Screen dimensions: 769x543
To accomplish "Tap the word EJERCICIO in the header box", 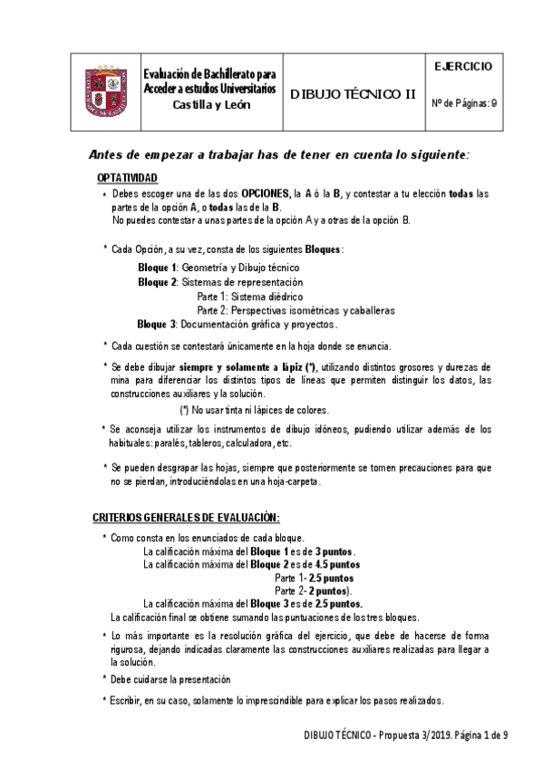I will (x=463, y=66).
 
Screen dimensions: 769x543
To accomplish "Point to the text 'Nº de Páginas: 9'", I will (x=464, y=103).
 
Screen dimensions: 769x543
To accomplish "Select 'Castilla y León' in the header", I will (x=212, y=104).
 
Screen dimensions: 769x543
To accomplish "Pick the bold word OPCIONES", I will (x=262, y=193).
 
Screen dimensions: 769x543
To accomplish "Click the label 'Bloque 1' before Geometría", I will (x=158, y=268).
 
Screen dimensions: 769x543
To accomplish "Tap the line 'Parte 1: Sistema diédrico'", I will (x=249, y=296).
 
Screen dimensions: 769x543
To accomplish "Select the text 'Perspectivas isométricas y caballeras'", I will (x=314, y=309).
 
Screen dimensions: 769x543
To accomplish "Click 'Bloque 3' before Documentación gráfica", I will (x=158, y=324).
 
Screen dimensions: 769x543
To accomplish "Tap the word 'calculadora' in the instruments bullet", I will (x=245, y=443).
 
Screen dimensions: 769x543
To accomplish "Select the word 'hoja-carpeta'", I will (x=293, y=482).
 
